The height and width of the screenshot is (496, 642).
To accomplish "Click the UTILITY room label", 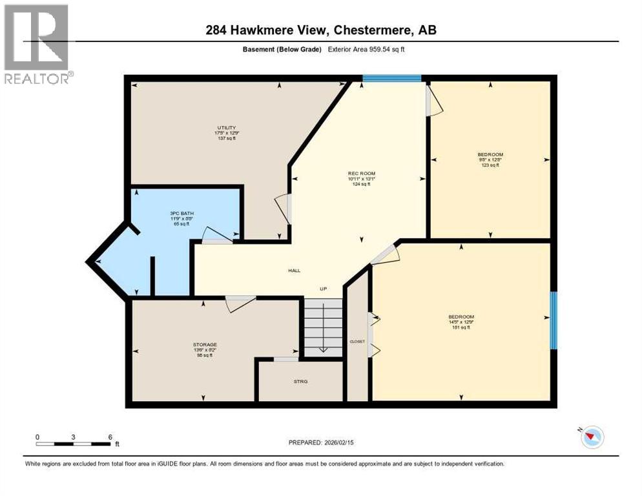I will point(225,127).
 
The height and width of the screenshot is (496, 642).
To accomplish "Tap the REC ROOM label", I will point(362,174).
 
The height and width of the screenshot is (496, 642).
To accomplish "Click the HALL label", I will point(295,271).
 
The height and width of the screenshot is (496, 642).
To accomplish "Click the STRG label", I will point(300,382).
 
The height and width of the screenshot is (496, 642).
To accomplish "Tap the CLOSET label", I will point(357,342).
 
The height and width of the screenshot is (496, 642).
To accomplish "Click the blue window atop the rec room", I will point(391,79).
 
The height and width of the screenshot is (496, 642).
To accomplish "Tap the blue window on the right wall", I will point(553,320).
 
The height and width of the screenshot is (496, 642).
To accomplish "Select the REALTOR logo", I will point(37,44).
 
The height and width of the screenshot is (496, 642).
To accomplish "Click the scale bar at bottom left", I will point(74,443).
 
